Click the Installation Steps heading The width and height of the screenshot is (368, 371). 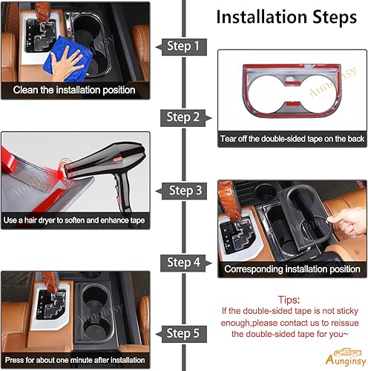pos(284,17)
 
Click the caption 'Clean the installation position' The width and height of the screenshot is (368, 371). pos(74,90)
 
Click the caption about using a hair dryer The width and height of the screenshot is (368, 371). pos(74,220)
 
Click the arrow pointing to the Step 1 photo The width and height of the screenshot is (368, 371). pos(159,46)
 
